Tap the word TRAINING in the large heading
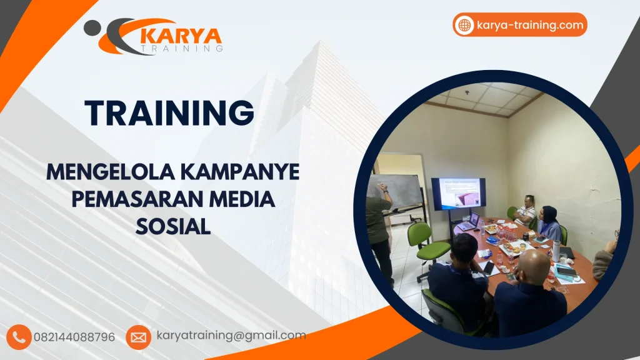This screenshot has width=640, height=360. (x=169, y=113)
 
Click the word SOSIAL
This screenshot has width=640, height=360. (x=172, y=226)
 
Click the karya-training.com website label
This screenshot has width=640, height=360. (x=529, y=25)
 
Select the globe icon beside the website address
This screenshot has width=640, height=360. (x=464, y=25)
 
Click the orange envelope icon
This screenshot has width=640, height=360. (x=138, y=337)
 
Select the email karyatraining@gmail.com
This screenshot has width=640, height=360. (x=231, y=336)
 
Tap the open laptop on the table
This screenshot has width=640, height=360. (x=469, y=222)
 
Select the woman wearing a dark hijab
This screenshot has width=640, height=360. (x=549, y=222)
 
